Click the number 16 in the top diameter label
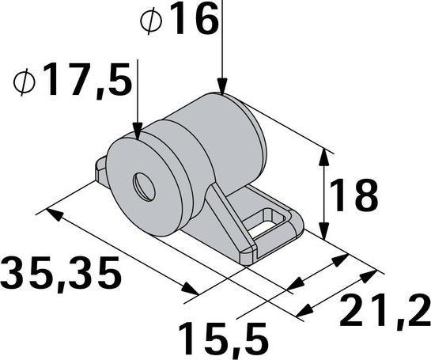coord(193,21)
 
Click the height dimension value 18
coord(353,195)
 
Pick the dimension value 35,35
coord(61,273)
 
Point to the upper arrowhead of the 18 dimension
coord(323,154)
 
